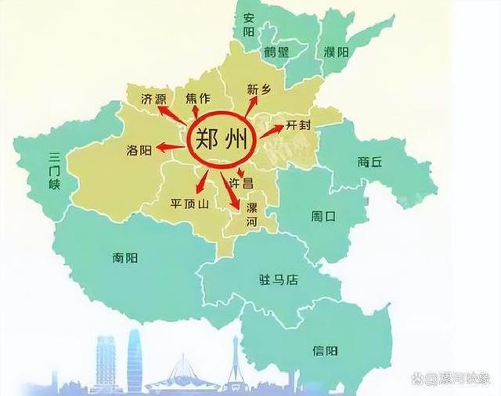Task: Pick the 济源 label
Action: [153, 100]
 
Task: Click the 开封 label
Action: [298, 124]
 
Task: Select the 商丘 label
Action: [369, 162]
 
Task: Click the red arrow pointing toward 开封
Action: [271, 130]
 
